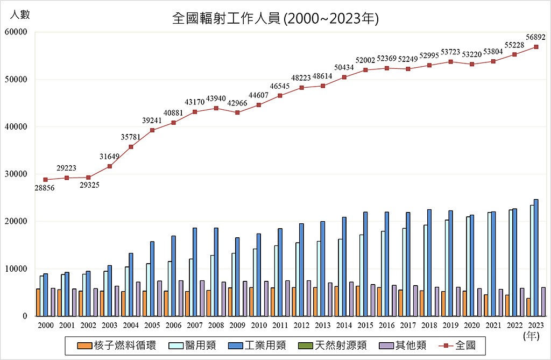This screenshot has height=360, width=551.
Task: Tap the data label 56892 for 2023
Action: point(536,38)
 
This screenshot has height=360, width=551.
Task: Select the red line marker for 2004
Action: point(131,146)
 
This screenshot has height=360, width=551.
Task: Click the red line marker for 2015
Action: point(365,70)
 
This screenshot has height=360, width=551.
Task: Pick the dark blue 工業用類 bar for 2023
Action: point(536,258)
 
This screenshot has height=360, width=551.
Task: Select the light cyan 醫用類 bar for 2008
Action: point(212,285)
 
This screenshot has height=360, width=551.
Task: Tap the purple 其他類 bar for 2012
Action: point(309,298)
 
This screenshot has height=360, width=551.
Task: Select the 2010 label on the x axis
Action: point(259,325)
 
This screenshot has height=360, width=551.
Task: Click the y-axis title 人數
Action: point(20,15)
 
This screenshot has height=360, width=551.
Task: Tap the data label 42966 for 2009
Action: point(237,103)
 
